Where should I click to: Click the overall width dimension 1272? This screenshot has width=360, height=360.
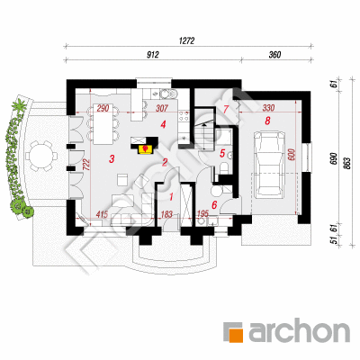click(x=186, y=40)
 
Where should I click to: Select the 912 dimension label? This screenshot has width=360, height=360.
click(x=153, y=55)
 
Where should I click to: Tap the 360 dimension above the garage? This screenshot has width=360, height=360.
click(x=274, y=55)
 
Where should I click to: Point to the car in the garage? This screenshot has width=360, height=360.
click(x=269, y=165)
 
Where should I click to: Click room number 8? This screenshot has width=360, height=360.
click(x=267, y=121)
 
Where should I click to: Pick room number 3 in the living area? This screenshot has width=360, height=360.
click(x=112, y=158)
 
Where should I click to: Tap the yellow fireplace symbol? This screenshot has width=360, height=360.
click(x=146, y=149)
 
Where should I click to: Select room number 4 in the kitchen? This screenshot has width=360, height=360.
click(x=163, y=124)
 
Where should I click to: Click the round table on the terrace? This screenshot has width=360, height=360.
click(x=41, y=156)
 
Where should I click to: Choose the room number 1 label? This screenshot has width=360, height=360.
click(x=171, y=197)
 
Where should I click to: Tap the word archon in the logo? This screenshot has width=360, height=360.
click(x=299, y=331)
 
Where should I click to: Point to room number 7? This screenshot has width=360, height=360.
click(x=226, y=110)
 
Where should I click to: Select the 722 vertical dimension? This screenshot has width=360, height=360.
click(x=85, y=165)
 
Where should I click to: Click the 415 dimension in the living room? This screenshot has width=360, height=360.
click(x=102, y=214)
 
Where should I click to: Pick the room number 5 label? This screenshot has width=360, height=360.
click(x=222, y=153)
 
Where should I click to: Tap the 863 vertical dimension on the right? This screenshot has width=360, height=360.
click(x=348, y=164)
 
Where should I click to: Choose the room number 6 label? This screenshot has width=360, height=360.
click(x=214, y=205)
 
